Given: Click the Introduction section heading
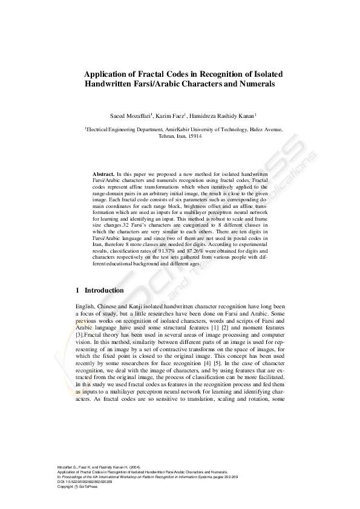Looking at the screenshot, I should click(x=104, y=291).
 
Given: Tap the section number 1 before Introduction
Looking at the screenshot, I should click(x=78, y=291).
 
